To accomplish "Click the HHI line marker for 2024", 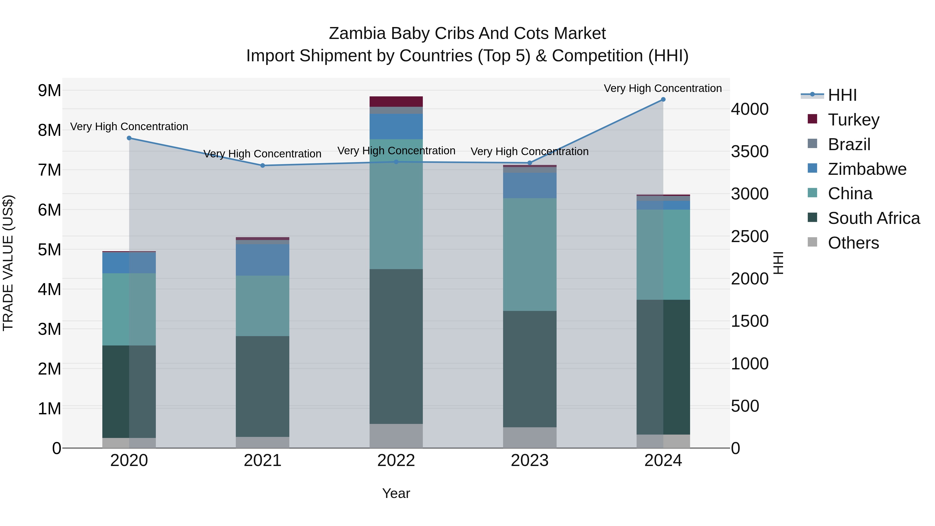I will point(663,99).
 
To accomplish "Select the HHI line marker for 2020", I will point(129,138).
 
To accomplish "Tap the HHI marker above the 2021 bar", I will point(262,165).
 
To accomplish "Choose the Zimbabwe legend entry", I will point(867,169).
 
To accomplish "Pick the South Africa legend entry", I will point(873,218).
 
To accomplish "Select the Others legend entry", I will point(853,243).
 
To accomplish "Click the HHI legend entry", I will point(842,95).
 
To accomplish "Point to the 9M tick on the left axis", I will point(49,90).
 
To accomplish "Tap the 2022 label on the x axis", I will point(396,461).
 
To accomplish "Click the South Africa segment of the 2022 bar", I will point(396,347).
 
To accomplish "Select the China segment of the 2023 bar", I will point(530,254).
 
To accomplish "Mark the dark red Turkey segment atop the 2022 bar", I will point(396,101).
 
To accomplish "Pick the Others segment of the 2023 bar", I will point(530,437).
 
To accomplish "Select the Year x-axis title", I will point(396,493).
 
